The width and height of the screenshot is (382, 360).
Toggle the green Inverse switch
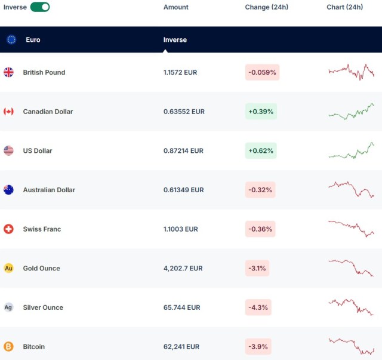[40, 7]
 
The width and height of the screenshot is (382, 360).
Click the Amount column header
[175, 7]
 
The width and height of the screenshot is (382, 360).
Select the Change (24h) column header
[266, 7]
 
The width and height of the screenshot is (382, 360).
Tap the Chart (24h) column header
[344, 7]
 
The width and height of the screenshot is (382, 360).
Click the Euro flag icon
[11, 40]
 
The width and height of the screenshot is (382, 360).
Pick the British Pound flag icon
[9, 72]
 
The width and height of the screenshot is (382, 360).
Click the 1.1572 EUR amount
[180, 72]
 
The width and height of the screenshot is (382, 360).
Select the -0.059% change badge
[262, 72]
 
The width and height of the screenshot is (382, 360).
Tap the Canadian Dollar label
[48, 112]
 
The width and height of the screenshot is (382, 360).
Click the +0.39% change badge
[261, 112]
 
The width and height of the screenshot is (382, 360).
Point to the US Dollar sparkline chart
[351, 151]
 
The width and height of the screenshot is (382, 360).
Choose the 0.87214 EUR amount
[183, 151]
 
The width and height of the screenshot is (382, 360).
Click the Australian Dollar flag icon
[9, 190]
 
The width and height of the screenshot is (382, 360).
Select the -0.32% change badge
[260, 190]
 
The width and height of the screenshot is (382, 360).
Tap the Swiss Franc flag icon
[9, 229]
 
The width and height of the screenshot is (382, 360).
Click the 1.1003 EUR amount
[180, 229]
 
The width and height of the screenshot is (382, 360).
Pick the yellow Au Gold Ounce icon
[9, 269]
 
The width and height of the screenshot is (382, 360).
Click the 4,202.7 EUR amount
[183, 269]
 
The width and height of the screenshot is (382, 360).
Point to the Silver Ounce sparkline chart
[351, 307]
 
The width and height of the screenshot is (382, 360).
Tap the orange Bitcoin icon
[9, 347]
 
